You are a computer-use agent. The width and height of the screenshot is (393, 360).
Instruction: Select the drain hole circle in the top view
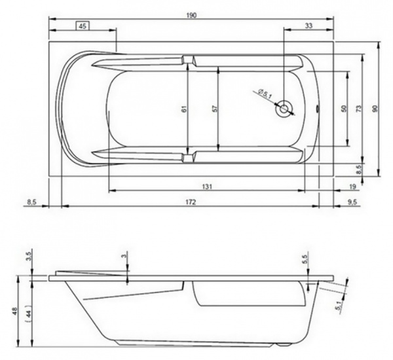[284, 109]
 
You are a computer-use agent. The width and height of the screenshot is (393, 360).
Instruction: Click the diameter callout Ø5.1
[265, 94]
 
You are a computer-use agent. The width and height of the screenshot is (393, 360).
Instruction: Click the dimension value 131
[207, 187]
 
